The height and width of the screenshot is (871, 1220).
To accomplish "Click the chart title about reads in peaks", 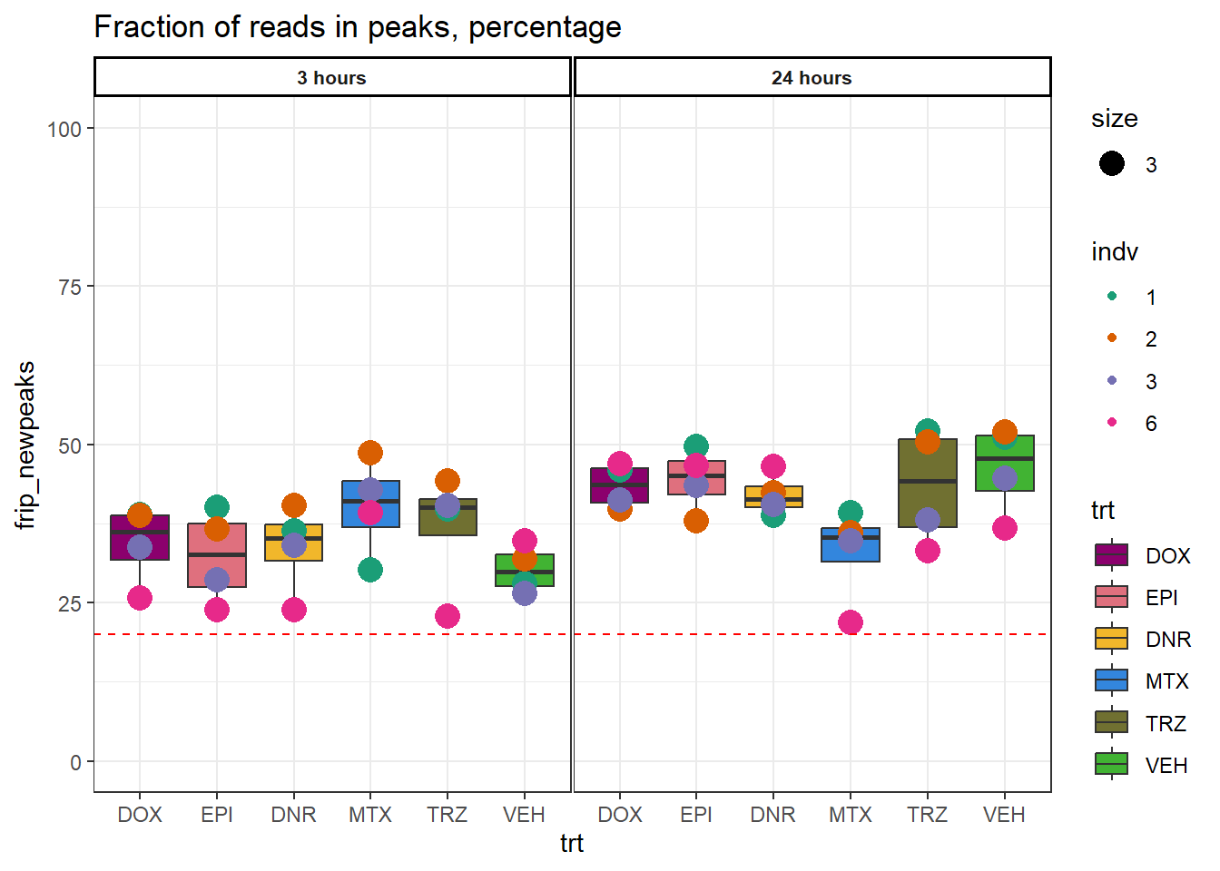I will tap(358, 27).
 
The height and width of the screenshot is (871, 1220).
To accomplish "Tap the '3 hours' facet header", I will tap(331, 78).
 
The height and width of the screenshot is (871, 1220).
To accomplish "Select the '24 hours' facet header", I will tap(812, 78).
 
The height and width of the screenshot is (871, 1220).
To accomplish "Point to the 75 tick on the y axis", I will tap(69, 287).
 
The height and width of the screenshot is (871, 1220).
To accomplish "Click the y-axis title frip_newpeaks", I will tap(25, 445).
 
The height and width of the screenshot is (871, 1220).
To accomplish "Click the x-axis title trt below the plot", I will tap(572, 844).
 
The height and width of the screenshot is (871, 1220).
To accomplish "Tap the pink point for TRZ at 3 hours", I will tap(448, 616).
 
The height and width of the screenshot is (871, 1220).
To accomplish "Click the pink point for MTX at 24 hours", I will tap(851, 622).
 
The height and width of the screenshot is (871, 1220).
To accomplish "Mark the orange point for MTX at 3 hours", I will tap(370, 453).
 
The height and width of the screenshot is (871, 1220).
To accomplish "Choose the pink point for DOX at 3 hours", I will tap(140, 598).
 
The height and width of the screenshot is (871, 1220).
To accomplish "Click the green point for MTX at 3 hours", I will tap(370, 570).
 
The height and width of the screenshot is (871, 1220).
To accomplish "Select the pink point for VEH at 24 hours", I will tap(1004, 528).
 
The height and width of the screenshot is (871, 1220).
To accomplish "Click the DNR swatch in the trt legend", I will tap(1111, 639).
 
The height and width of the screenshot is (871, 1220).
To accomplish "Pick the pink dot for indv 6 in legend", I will tap(1112, 423).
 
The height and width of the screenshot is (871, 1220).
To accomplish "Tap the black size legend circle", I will tap(1112, 163).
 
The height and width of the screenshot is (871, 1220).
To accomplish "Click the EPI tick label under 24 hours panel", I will tap(696, 815).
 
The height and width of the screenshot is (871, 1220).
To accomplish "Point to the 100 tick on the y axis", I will tap(64, 129).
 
